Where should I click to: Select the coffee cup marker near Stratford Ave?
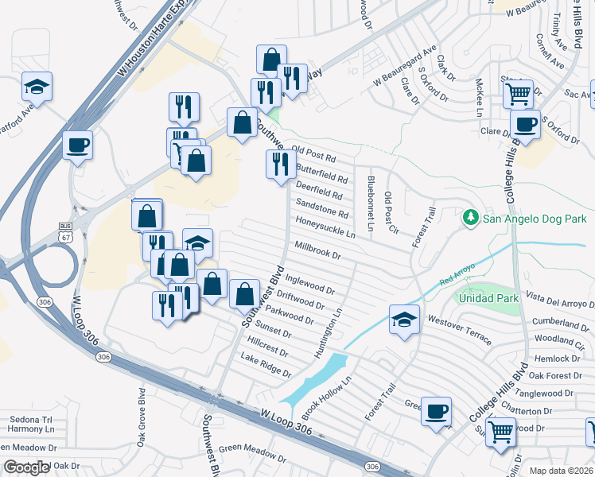tap(77, 145)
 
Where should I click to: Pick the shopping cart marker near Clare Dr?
tap(518, 94)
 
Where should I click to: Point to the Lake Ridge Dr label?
tap(266, 366)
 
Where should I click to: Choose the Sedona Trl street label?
tap(29, 419)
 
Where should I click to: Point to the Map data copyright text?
tap(561, 471)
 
